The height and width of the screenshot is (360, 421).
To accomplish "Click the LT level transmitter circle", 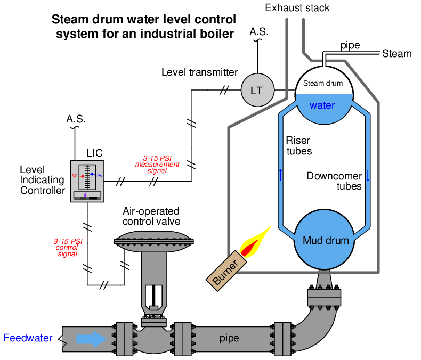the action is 257,90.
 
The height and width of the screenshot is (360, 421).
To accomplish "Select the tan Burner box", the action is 226,271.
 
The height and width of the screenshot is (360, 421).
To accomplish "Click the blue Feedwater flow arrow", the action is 91,339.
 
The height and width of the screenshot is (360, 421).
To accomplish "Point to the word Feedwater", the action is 28,338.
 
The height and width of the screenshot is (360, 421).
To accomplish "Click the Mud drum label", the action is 326,240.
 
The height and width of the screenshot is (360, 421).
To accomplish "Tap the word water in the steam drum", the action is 322,105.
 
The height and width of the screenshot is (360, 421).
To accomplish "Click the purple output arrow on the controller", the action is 85,195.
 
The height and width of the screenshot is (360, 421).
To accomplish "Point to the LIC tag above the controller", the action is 94,153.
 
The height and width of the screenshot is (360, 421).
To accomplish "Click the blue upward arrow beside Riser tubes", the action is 280,175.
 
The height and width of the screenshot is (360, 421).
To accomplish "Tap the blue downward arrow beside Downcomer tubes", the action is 368,175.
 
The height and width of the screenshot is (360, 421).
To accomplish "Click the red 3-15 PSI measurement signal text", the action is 157,165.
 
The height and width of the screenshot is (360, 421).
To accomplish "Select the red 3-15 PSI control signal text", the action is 68,247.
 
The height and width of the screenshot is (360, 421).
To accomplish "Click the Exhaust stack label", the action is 297,8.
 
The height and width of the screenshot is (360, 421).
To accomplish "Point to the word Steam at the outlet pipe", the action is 397,54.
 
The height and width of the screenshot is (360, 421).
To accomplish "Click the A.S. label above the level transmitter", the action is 259,32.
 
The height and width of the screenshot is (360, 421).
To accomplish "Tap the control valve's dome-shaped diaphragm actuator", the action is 154,241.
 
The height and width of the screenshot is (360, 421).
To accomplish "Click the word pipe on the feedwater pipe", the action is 229,339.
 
